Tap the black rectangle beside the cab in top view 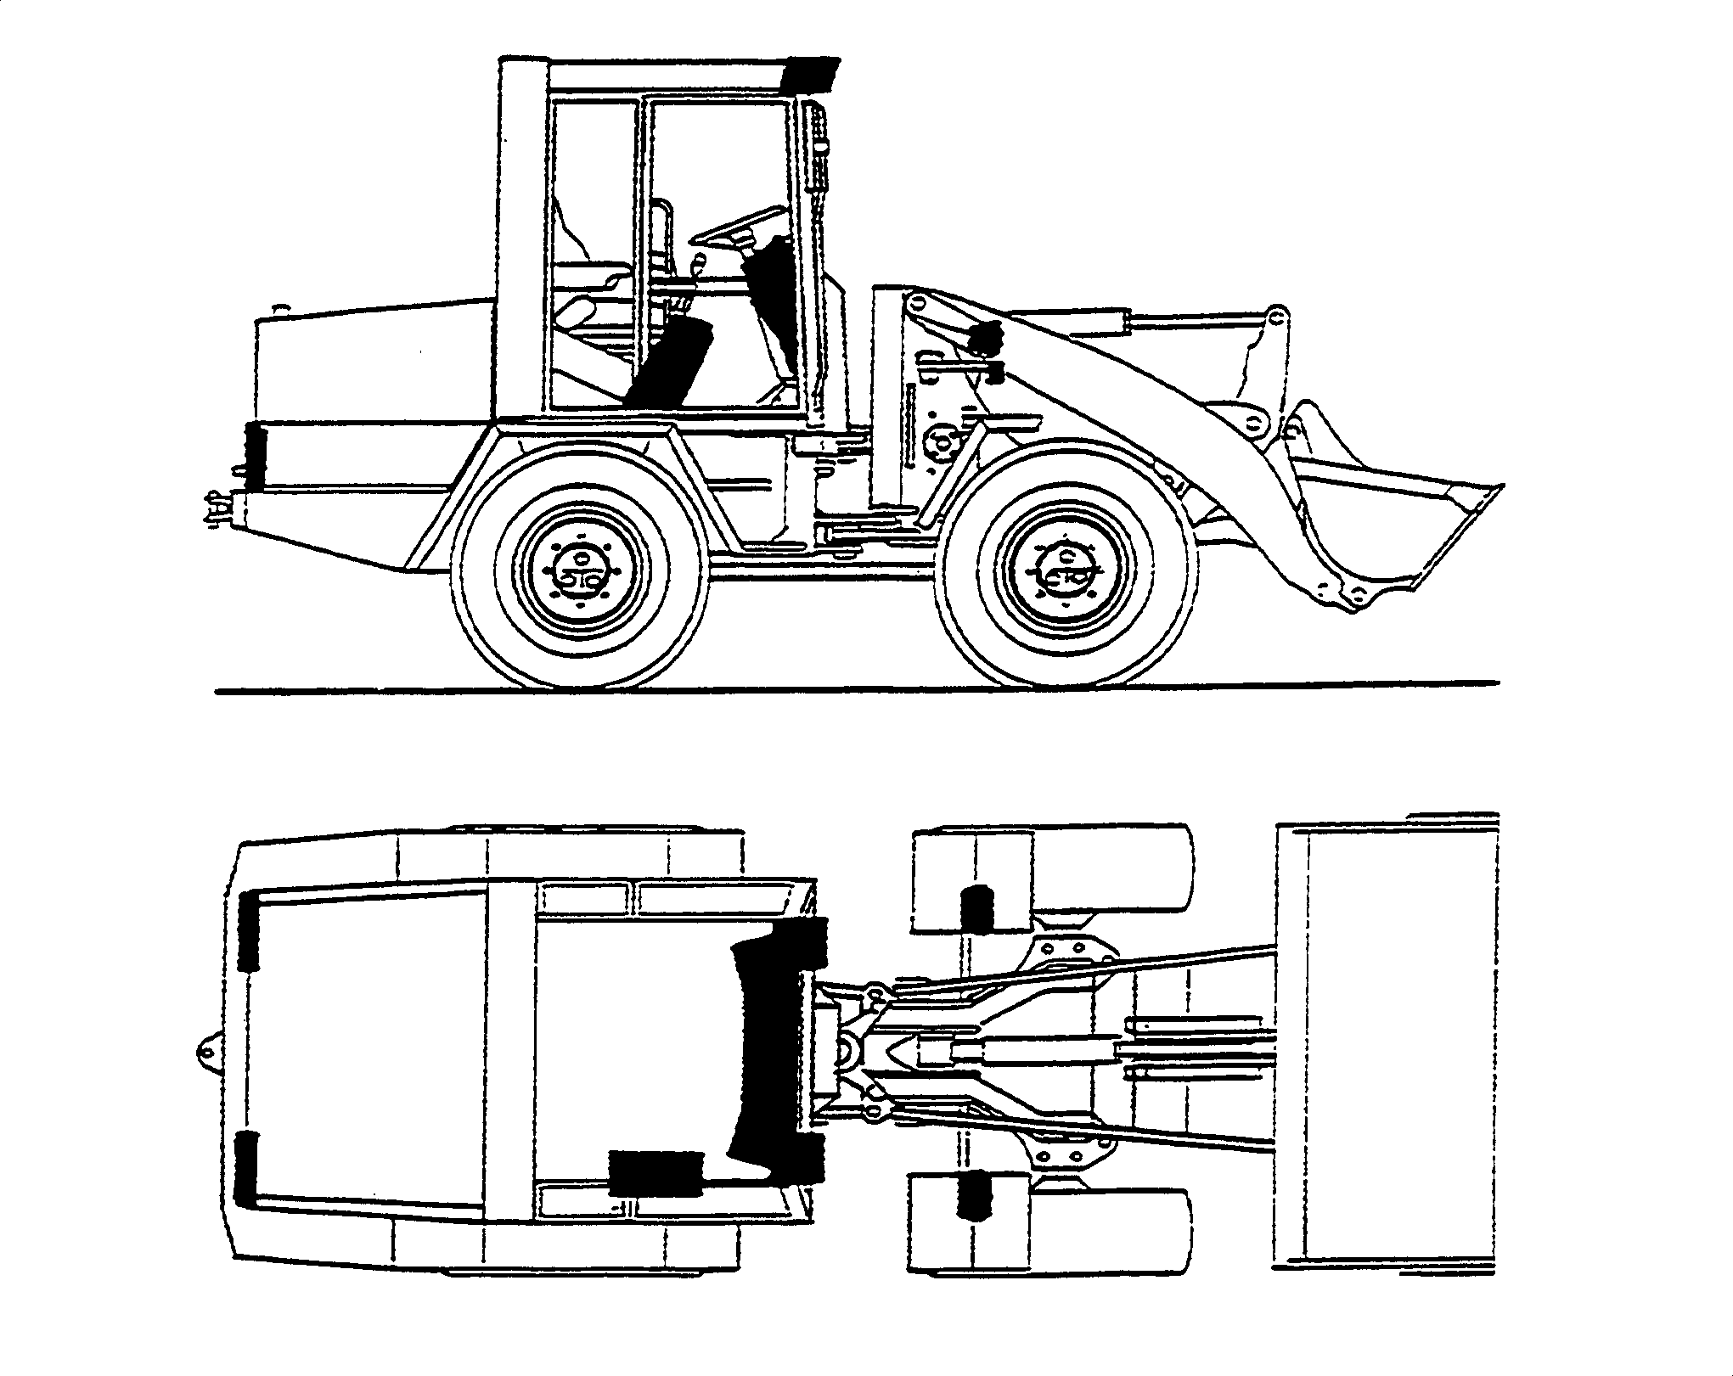[656, 1174]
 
